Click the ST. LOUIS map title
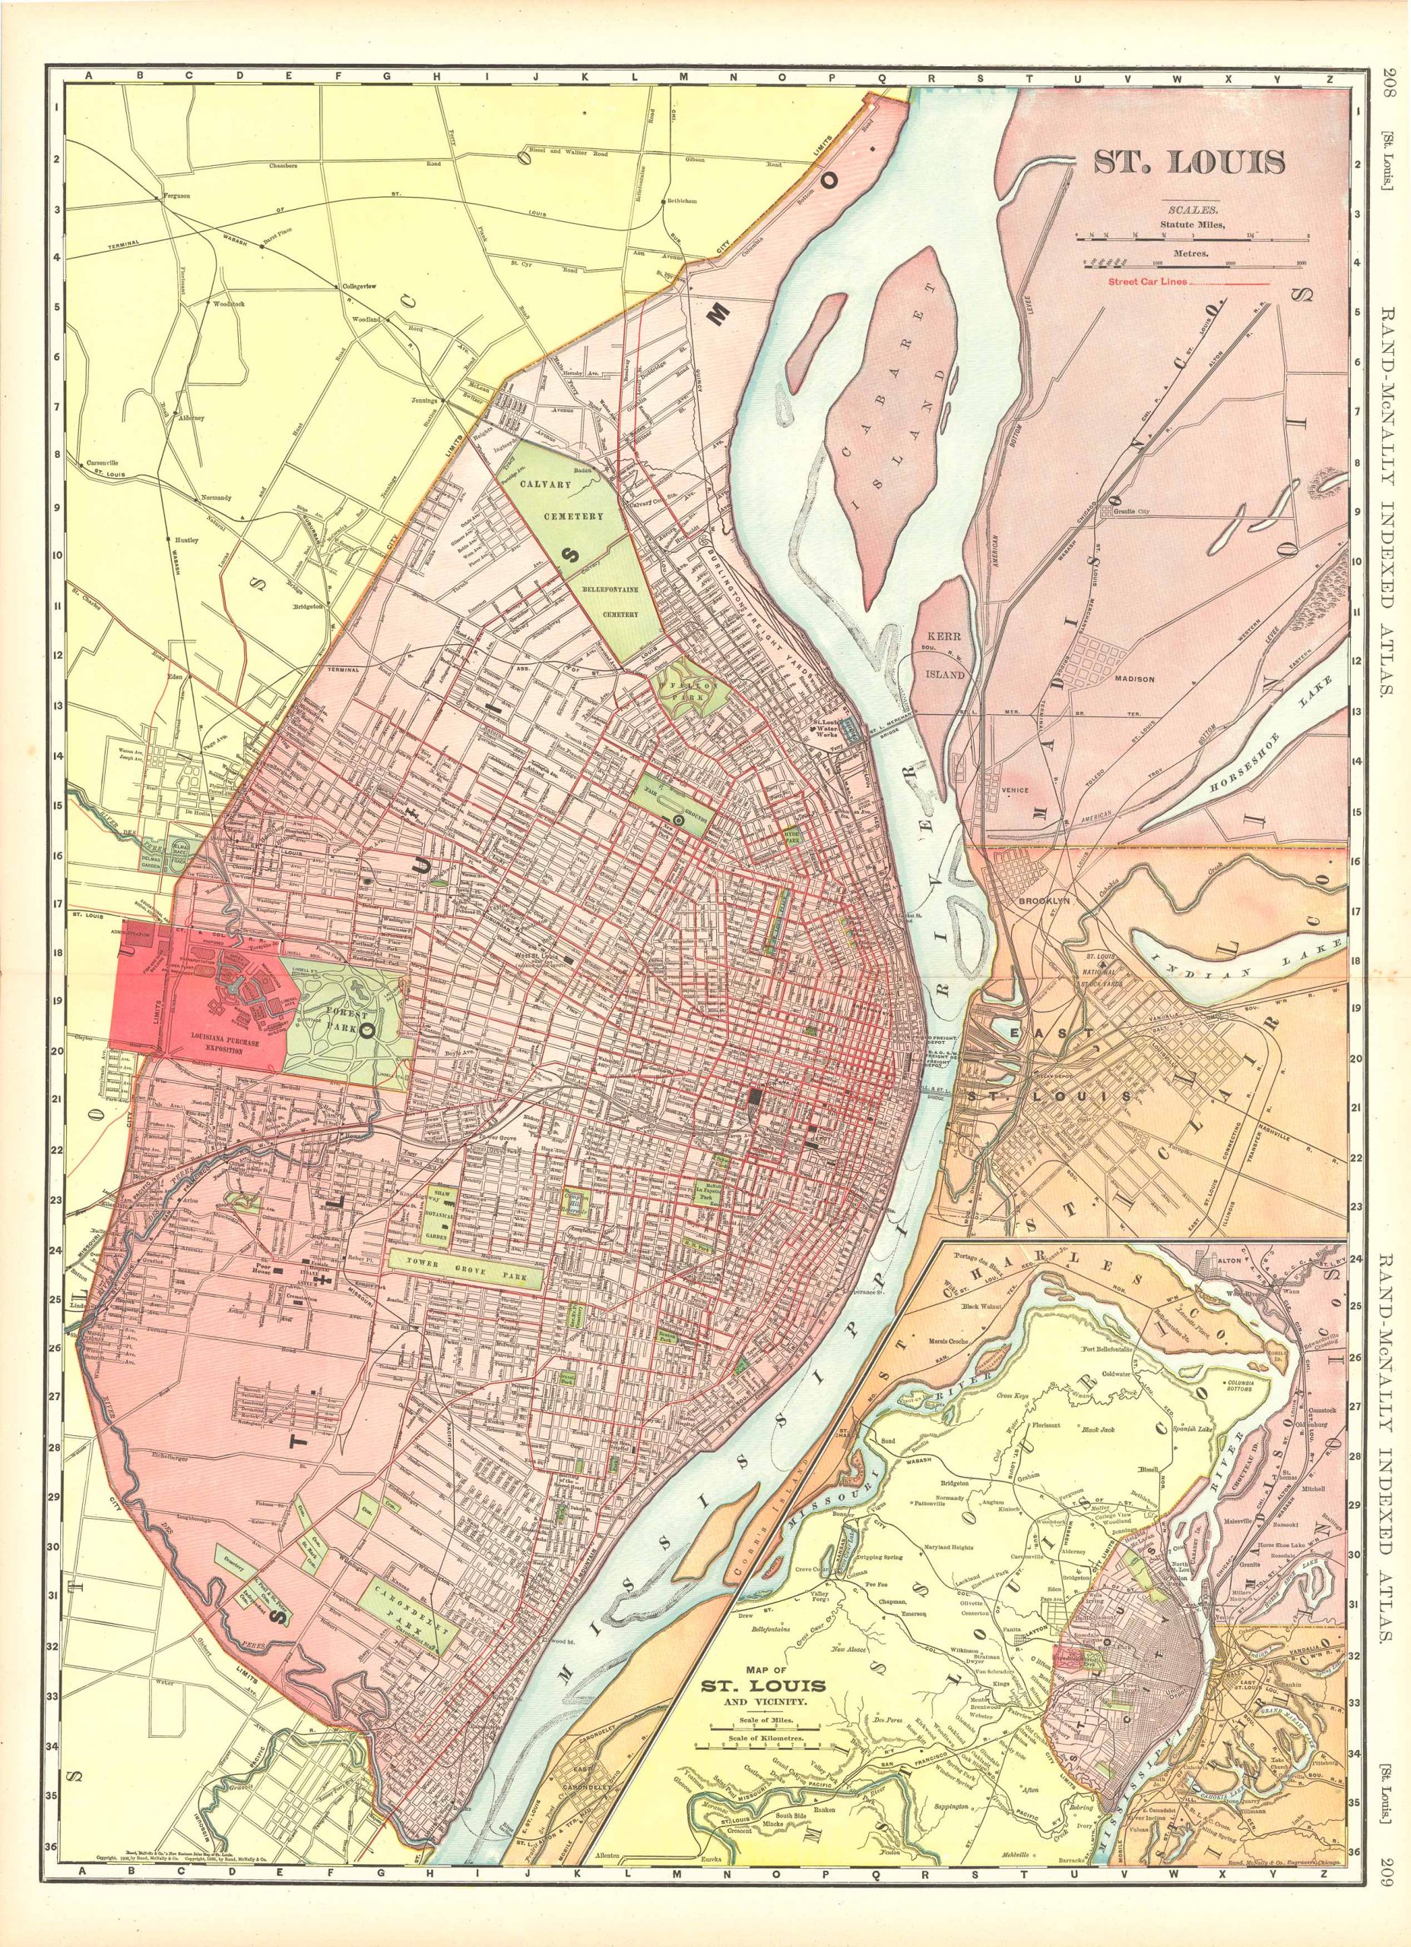[1189, 162]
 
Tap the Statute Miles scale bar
[1193, 233]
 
